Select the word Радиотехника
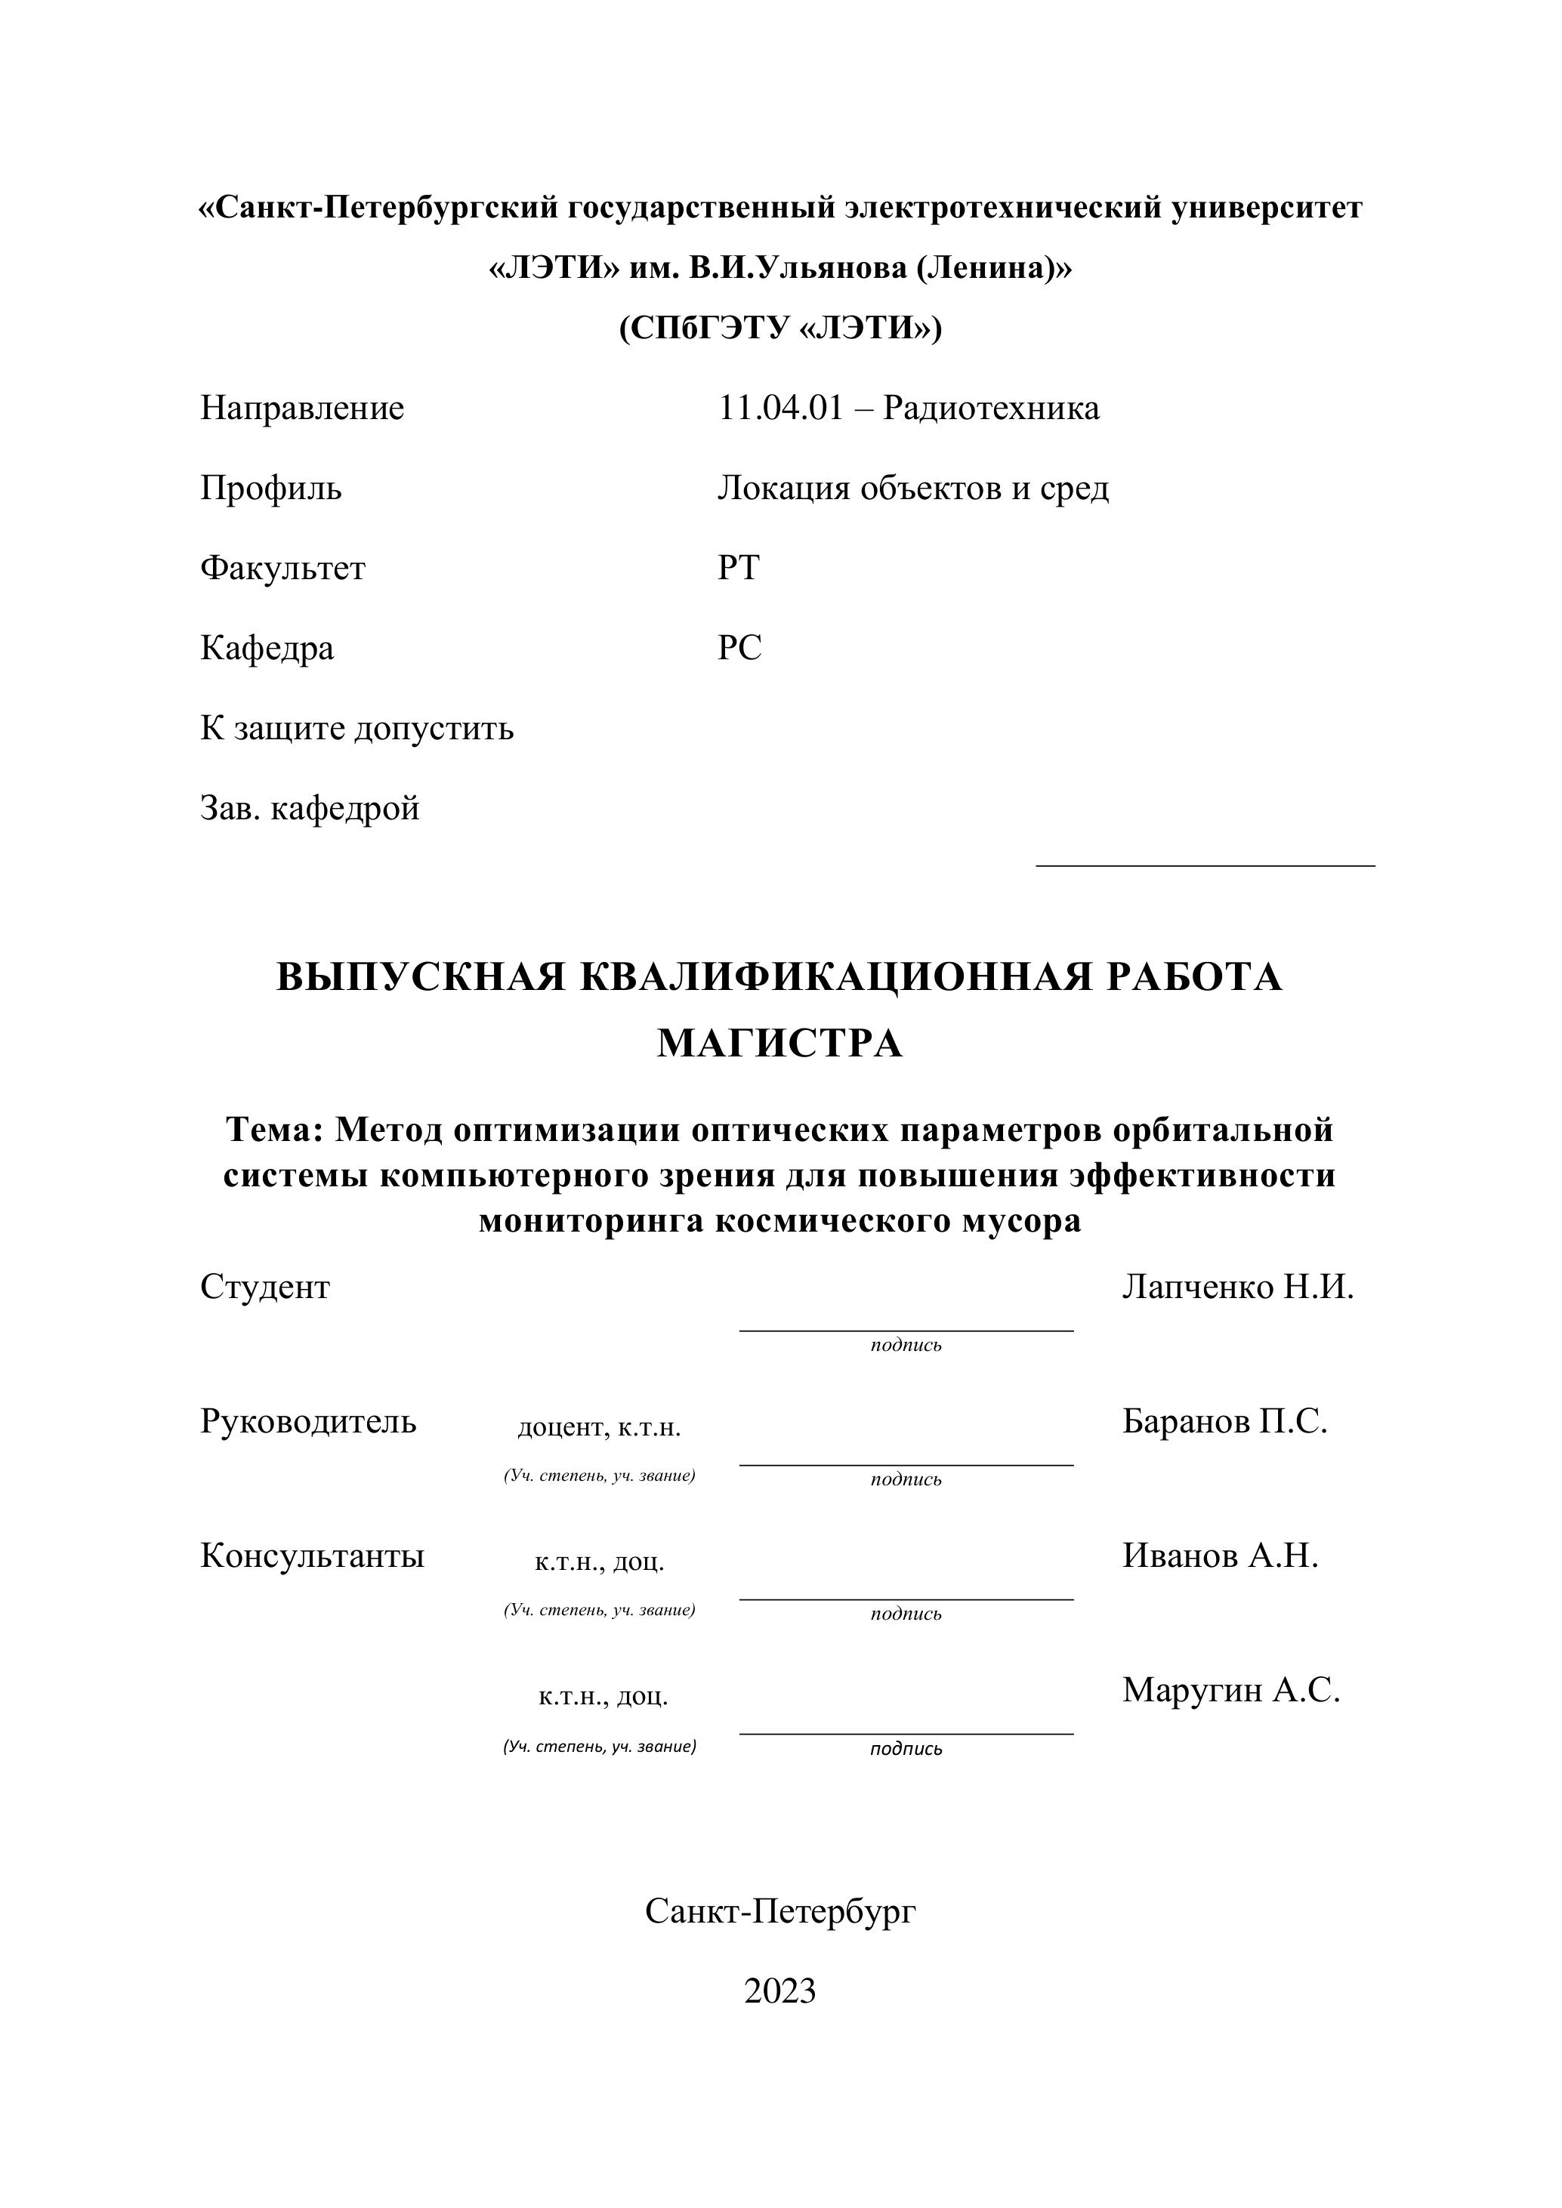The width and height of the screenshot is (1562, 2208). click(x=991, y=409)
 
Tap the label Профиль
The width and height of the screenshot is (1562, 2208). click(x=270, y=489)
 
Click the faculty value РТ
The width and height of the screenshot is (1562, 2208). click(x=738, y=569)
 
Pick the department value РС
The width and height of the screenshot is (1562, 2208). click(x=739, y=648)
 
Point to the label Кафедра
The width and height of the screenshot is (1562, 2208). click(x=267, y=648)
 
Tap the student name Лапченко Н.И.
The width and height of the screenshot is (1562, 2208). click(x=1237, y=1287)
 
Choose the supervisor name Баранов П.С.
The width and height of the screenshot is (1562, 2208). click(x=1224, y=1421)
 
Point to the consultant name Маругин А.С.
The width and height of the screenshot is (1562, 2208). click(x=1230, y=1690)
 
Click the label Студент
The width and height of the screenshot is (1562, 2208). click(x=264, y=1287)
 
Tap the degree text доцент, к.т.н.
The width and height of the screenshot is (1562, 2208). click(x=599, y=1428)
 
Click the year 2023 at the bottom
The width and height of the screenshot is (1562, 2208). click(x=780, y=1991)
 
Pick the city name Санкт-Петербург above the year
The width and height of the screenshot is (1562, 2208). click(x=780, y=1910)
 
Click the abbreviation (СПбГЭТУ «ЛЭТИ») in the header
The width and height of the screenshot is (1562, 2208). click(x=780, y=329)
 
